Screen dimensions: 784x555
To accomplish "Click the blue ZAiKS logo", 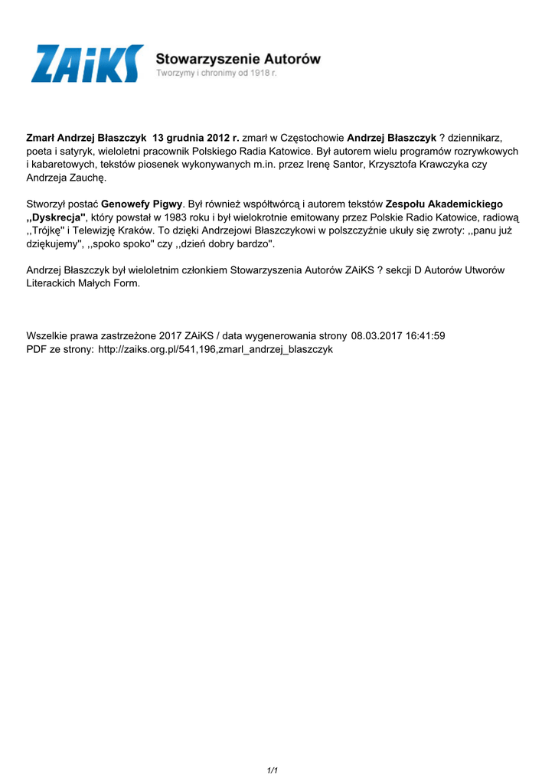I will click(87, 64).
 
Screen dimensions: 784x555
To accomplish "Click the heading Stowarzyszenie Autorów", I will click(238, 58).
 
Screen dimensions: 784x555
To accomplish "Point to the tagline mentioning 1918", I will click(217, 73).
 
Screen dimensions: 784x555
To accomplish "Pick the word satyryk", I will click(73, 151).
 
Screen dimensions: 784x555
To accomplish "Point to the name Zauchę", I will click(88, 178).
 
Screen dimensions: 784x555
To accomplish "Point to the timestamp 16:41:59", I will click(420, 336).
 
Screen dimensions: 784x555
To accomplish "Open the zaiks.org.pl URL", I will click(216, 349).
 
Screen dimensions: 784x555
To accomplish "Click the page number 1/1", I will click(272, 770).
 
